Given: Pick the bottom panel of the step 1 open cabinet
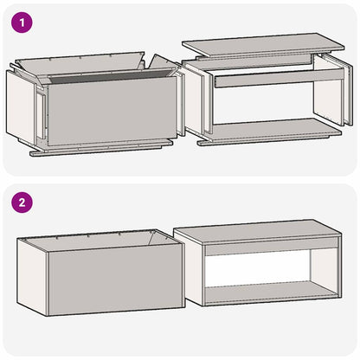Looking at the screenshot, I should pyautogui.click(x=268, y=132).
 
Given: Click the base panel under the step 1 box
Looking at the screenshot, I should pyautogui.click(x=95, y=151).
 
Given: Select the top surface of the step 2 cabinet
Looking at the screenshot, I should pyautogui.click(x=260, y=232).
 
